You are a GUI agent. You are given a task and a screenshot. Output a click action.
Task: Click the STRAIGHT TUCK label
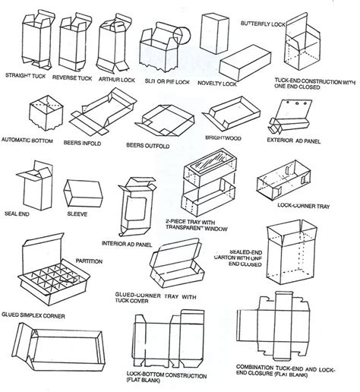tap(28, 77)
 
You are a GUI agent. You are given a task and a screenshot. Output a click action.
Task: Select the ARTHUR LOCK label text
tap(118, 77)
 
